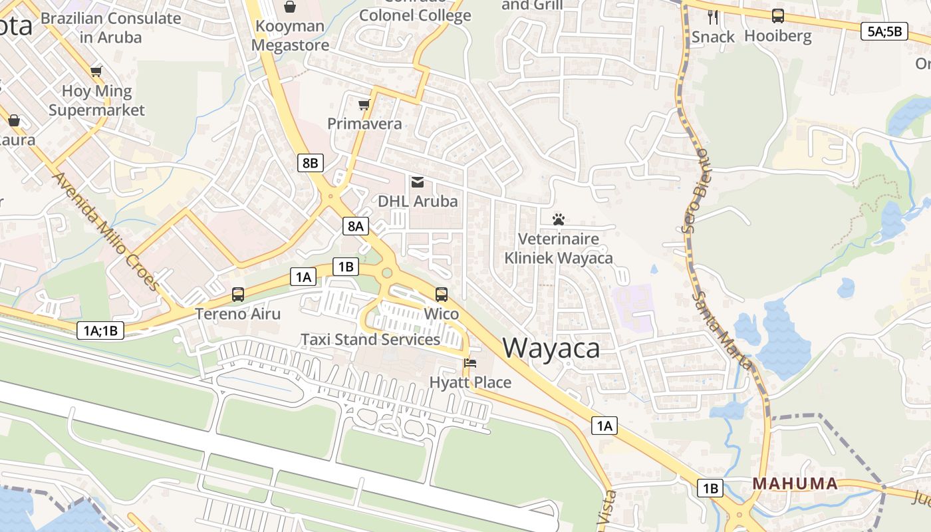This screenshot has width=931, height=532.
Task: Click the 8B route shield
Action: (310, 163)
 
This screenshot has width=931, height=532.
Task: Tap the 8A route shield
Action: (355, 226)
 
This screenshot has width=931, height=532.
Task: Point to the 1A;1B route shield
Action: (100, 330)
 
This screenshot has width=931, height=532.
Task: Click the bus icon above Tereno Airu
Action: (238, 294)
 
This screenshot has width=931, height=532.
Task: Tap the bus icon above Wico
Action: (442, 294)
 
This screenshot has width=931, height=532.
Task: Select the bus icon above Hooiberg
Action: (777, 16)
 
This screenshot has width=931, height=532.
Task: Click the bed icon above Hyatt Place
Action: (470, 363)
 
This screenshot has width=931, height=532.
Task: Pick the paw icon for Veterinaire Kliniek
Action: (558, 219)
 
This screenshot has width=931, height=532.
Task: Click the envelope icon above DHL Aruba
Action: (418, 182)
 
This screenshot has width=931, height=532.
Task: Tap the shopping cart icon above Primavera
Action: (364, 105)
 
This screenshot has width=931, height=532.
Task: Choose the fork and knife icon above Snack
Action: (713, 17)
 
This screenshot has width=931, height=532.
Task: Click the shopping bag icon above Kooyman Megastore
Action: (290, 7)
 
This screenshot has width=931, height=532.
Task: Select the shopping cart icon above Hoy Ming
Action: (96, 71)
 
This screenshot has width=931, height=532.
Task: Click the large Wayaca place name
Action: (551, 348)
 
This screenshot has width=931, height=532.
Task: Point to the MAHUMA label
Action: (795, 483)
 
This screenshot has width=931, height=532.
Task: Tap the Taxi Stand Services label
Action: (370, 340)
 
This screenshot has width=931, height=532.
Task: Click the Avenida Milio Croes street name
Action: (106, 231)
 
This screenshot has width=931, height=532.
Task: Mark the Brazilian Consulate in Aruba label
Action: (111, 27)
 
